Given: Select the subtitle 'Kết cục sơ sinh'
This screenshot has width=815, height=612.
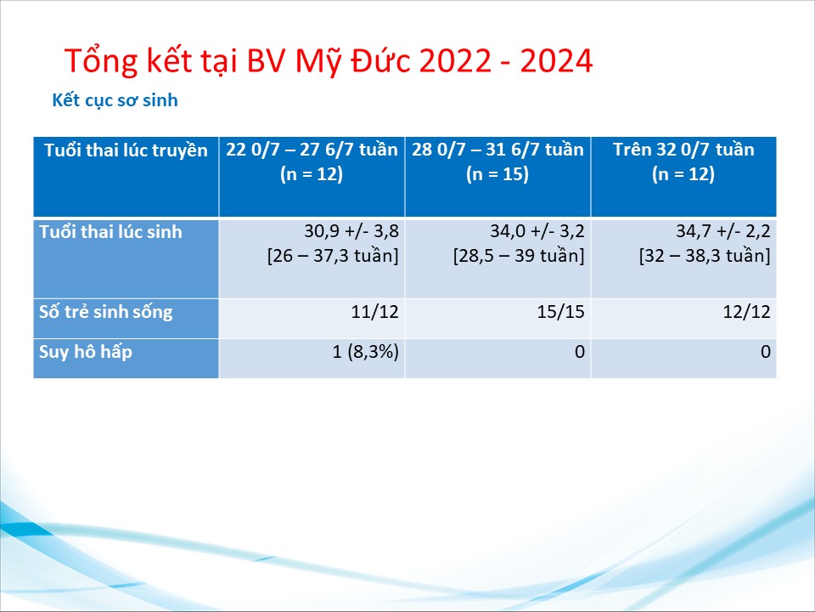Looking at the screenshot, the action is pyautogui.click(x=115, y=100).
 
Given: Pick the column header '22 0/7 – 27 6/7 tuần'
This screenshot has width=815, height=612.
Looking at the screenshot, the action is pyautogui.click(x=312, y=150).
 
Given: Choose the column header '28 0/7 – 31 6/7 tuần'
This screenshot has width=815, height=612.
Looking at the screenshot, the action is pyautogui.click(x=498, y=150).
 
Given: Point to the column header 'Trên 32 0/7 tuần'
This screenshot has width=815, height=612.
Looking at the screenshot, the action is pyautogui.click(x=683, y=150).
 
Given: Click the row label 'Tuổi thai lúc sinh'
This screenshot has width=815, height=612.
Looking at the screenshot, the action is pyautogui.click(x=110, y=231).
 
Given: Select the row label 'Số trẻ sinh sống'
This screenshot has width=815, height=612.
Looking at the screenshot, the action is pyautogui.click(x=106, y=312).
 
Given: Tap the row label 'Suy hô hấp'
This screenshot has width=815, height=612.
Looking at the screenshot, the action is pyautogui.click(x=86, y=352).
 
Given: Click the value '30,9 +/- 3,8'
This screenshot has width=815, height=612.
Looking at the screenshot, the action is pyautogui.click(x=351, y=231).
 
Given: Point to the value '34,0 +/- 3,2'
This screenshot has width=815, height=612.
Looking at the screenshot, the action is pyautogui.click(x=537, y=231).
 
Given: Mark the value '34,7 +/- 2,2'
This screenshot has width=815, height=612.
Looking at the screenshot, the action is pyautogui.click(x=723, y=231).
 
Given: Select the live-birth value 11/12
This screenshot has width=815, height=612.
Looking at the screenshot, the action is pyautogui.click(x=374, y=312).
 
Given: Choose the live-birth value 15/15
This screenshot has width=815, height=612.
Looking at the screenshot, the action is pyautogui.click(x=561, y=312).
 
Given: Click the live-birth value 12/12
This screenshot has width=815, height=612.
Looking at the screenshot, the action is pyautogui.click(x=747, y=312).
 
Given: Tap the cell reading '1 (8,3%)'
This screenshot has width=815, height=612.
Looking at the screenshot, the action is pyautogui.click(x=366, y=352).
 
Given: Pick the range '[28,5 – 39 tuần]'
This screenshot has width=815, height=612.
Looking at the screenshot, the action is pyautogui.click(x=519, y=256).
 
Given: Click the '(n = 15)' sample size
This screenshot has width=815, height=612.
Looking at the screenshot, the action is pyautogui.click(x=497, y=173).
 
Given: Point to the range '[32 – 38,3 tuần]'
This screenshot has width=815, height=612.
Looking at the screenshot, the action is pyautogui.click(x=705, y=256).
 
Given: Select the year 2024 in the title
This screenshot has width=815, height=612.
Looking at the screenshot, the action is pyautogui.click(x=556, y=61).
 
